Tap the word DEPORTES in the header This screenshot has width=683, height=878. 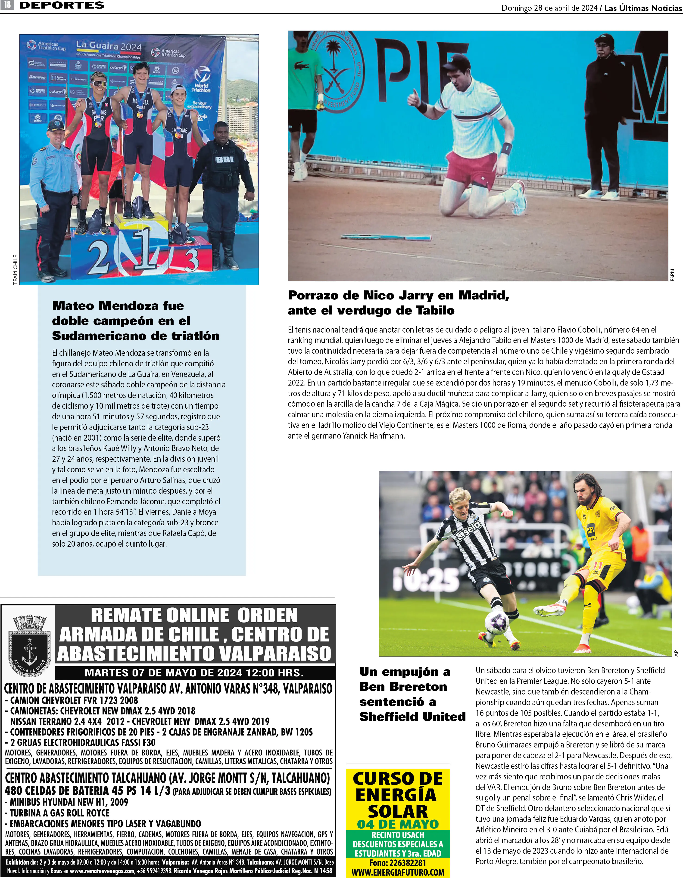point(62,5)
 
